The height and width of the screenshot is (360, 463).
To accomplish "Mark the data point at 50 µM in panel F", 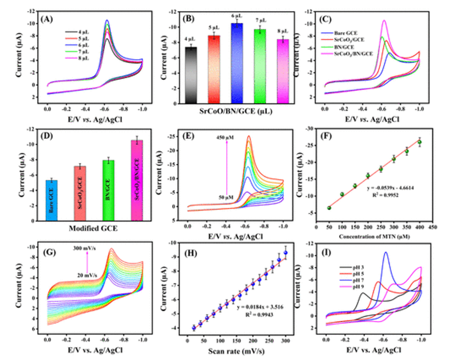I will (329, 207).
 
